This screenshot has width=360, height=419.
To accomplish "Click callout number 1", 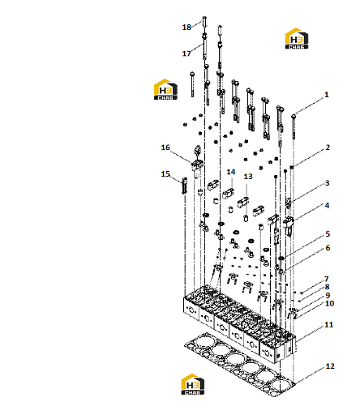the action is click(327, 95).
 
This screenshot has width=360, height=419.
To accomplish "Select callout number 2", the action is click(328, 148).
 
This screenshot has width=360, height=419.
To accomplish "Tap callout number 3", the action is click(327, 183).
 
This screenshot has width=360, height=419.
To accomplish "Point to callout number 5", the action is click(328, 234).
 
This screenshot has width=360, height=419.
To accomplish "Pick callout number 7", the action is click(327, 279).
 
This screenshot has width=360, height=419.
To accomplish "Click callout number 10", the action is click(329, 304).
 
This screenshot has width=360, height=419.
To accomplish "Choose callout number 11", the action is click(329, 325).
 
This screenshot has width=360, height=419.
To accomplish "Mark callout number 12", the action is click(330, 366).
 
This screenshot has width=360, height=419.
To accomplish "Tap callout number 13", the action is click(248, 177).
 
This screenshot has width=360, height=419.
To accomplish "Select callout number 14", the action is click(231, 172).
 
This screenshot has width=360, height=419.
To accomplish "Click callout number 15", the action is click(165, 174).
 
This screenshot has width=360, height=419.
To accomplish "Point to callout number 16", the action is click(165, 148).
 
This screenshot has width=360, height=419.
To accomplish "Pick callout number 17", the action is click(186, 53).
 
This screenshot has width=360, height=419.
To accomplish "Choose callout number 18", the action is click(186, 28).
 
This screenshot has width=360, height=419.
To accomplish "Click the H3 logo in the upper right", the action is click(297, 39).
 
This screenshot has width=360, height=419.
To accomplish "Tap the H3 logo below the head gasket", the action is click(193, 384).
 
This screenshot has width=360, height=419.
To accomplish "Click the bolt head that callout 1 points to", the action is click(294, 117).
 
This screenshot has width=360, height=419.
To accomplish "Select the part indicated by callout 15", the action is click(185, 186).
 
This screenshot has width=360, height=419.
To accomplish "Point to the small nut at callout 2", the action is click(292, 168).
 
